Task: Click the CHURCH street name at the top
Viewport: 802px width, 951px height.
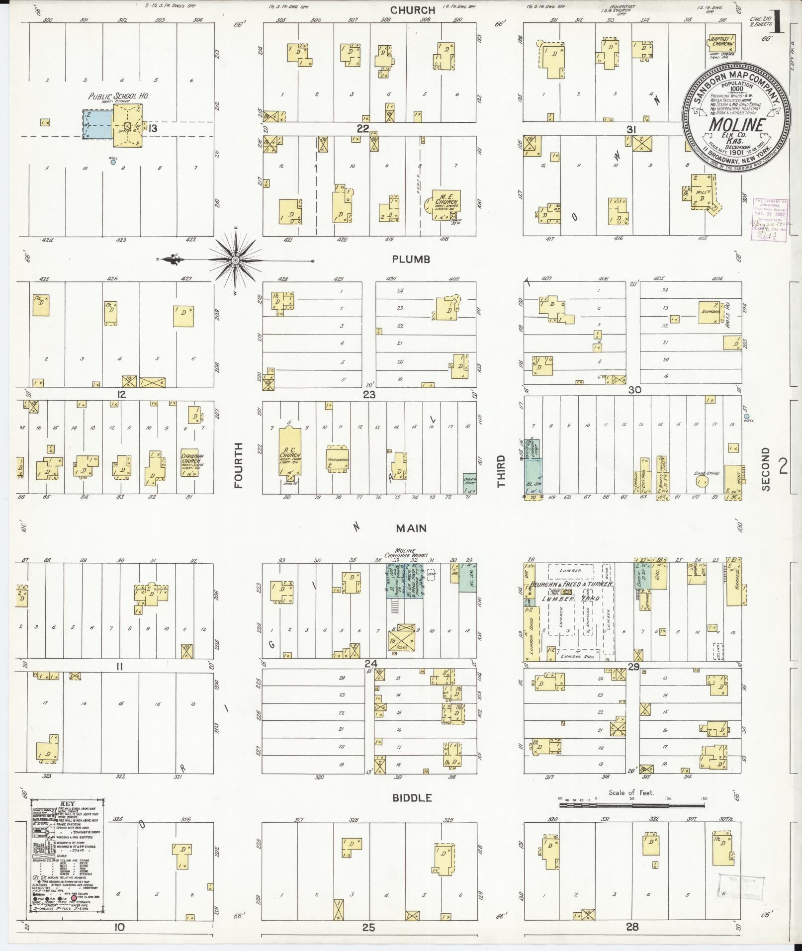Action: click(412, 10)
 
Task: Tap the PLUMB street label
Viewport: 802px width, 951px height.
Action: click(410, 259)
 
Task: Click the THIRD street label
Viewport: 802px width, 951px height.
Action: click(501, 470)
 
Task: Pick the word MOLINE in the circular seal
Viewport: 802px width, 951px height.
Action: click(735, 124)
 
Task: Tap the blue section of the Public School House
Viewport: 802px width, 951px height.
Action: click(97, 124)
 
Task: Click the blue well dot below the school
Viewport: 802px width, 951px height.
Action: click(113, 162)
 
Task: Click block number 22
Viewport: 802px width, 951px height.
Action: click(362, 129)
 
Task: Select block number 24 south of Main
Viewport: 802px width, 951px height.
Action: click(370, 664)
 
